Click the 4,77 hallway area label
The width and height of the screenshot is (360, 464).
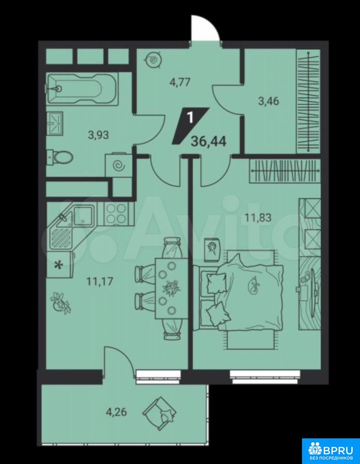pos(180,82)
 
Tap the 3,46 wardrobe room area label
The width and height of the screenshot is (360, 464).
pos(268,101)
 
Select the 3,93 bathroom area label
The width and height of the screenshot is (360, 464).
pos(99,135)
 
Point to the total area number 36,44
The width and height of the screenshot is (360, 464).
pos(209,142)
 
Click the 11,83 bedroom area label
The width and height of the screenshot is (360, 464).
pos(258,218)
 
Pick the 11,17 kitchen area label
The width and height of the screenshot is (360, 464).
pos(100,281)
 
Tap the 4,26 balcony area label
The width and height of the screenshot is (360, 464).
pos(116,412)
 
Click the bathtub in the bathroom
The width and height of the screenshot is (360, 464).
pos(82,88)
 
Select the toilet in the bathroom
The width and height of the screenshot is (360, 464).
pos(60,156)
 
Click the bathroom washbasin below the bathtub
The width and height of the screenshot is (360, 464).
pos(55,124)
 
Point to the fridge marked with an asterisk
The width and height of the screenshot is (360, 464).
pos(60,265)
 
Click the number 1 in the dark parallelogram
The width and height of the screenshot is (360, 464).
pos(190,118)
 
